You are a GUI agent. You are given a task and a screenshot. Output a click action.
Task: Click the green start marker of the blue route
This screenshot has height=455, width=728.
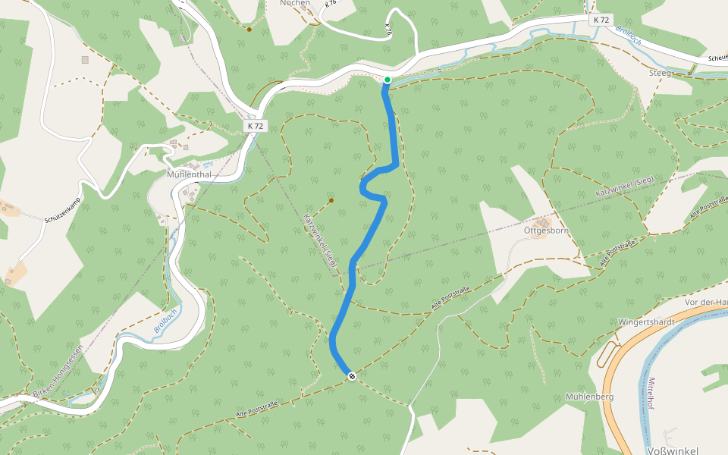(387, 80)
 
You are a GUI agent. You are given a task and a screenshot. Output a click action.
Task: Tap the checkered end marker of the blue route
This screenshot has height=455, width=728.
(352, 376)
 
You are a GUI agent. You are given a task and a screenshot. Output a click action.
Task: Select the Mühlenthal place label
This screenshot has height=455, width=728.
(189, 174)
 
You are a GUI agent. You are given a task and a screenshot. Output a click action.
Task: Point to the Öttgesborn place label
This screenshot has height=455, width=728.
(546, 230)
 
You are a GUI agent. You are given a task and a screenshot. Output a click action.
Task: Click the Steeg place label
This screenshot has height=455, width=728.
(661, 73)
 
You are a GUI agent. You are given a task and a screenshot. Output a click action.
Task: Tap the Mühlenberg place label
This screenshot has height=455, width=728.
(589, 397)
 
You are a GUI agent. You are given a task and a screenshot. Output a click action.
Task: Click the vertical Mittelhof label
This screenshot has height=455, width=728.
(650, 393)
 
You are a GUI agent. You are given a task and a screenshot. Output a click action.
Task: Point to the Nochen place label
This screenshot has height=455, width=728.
(296, 3)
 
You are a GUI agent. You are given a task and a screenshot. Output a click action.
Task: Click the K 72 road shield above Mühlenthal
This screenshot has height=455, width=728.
(256, 126)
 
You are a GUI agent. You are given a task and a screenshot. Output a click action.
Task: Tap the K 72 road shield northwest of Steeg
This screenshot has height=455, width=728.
(601, 20)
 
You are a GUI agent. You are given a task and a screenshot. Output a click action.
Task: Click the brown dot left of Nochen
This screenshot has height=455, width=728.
(249, 30)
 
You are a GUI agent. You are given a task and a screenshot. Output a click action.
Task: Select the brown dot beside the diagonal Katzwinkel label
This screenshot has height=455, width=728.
(331, 200)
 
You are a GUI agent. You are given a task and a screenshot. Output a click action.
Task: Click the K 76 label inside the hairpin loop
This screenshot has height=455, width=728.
(388, 29)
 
